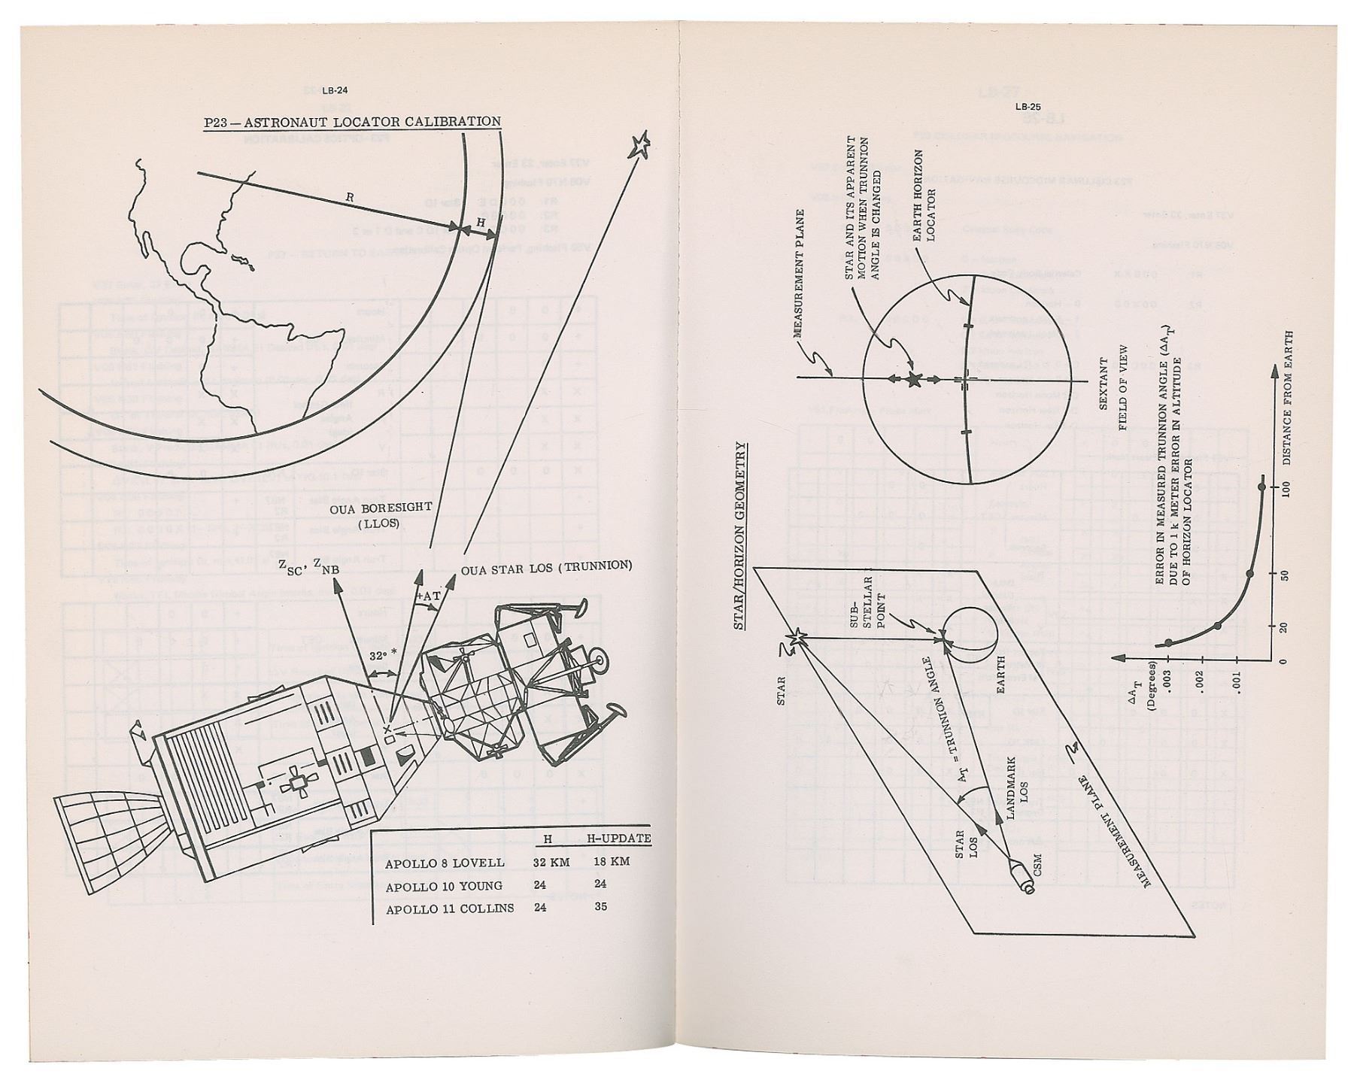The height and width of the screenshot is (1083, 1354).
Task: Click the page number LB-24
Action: point(334,92)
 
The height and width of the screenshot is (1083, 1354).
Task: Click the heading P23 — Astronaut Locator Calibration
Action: point(353,122)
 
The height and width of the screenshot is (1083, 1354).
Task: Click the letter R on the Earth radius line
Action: point(350,197)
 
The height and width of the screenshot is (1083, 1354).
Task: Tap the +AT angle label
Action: point(428,596)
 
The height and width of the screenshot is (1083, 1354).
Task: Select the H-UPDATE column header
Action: point(618,839)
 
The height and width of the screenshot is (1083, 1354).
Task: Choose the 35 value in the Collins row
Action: point(600,907)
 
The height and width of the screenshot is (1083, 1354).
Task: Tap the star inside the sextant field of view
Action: point(915,380)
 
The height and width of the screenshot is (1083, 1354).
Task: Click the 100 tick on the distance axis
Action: point(1285,487)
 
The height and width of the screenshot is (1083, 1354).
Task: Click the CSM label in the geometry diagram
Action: point(1038,865)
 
